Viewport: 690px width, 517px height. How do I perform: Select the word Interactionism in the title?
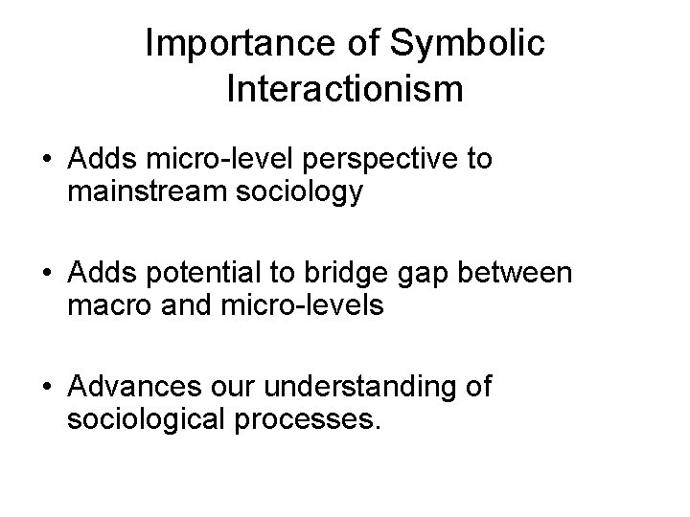pyautogui.click(x=345, y=88)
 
